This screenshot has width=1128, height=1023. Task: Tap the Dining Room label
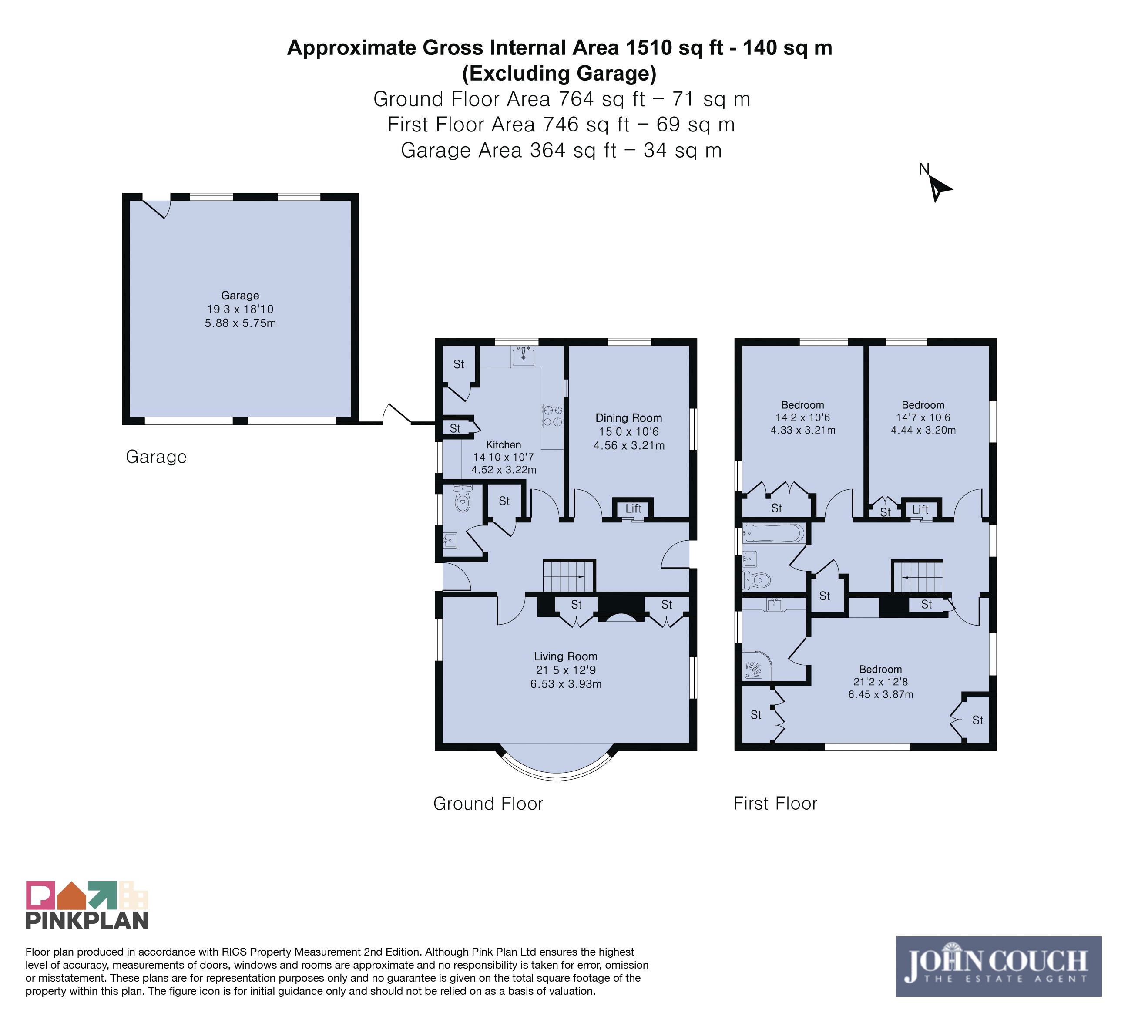click(x=628, y=417)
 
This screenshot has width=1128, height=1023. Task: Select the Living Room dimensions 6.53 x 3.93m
click(x=566, y=684)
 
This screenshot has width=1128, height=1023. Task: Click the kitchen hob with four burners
click(x=552, y=416)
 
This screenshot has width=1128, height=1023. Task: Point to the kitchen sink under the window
click(x=523, y=356)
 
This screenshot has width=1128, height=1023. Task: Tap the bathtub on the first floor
click(x=774, y=533)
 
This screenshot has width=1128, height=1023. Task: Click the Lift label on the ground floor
click(x=633, y=508)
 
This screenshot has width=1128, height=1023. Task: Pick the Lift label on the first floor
click(x=920, y=509)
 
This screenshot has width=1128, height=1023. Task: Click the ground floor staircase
click(x=568, y=575)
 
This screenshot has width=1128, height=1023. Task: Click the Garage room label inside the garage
click(x=240, y=296)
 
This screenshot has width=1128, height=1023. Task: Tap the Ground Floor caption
click(x=488, y=804)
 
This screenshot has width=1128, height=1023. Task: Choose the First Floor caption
click(x=775, y=804)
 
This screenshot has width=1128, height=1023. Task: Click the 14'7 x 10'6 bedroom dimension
click(x=923, y=417)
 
